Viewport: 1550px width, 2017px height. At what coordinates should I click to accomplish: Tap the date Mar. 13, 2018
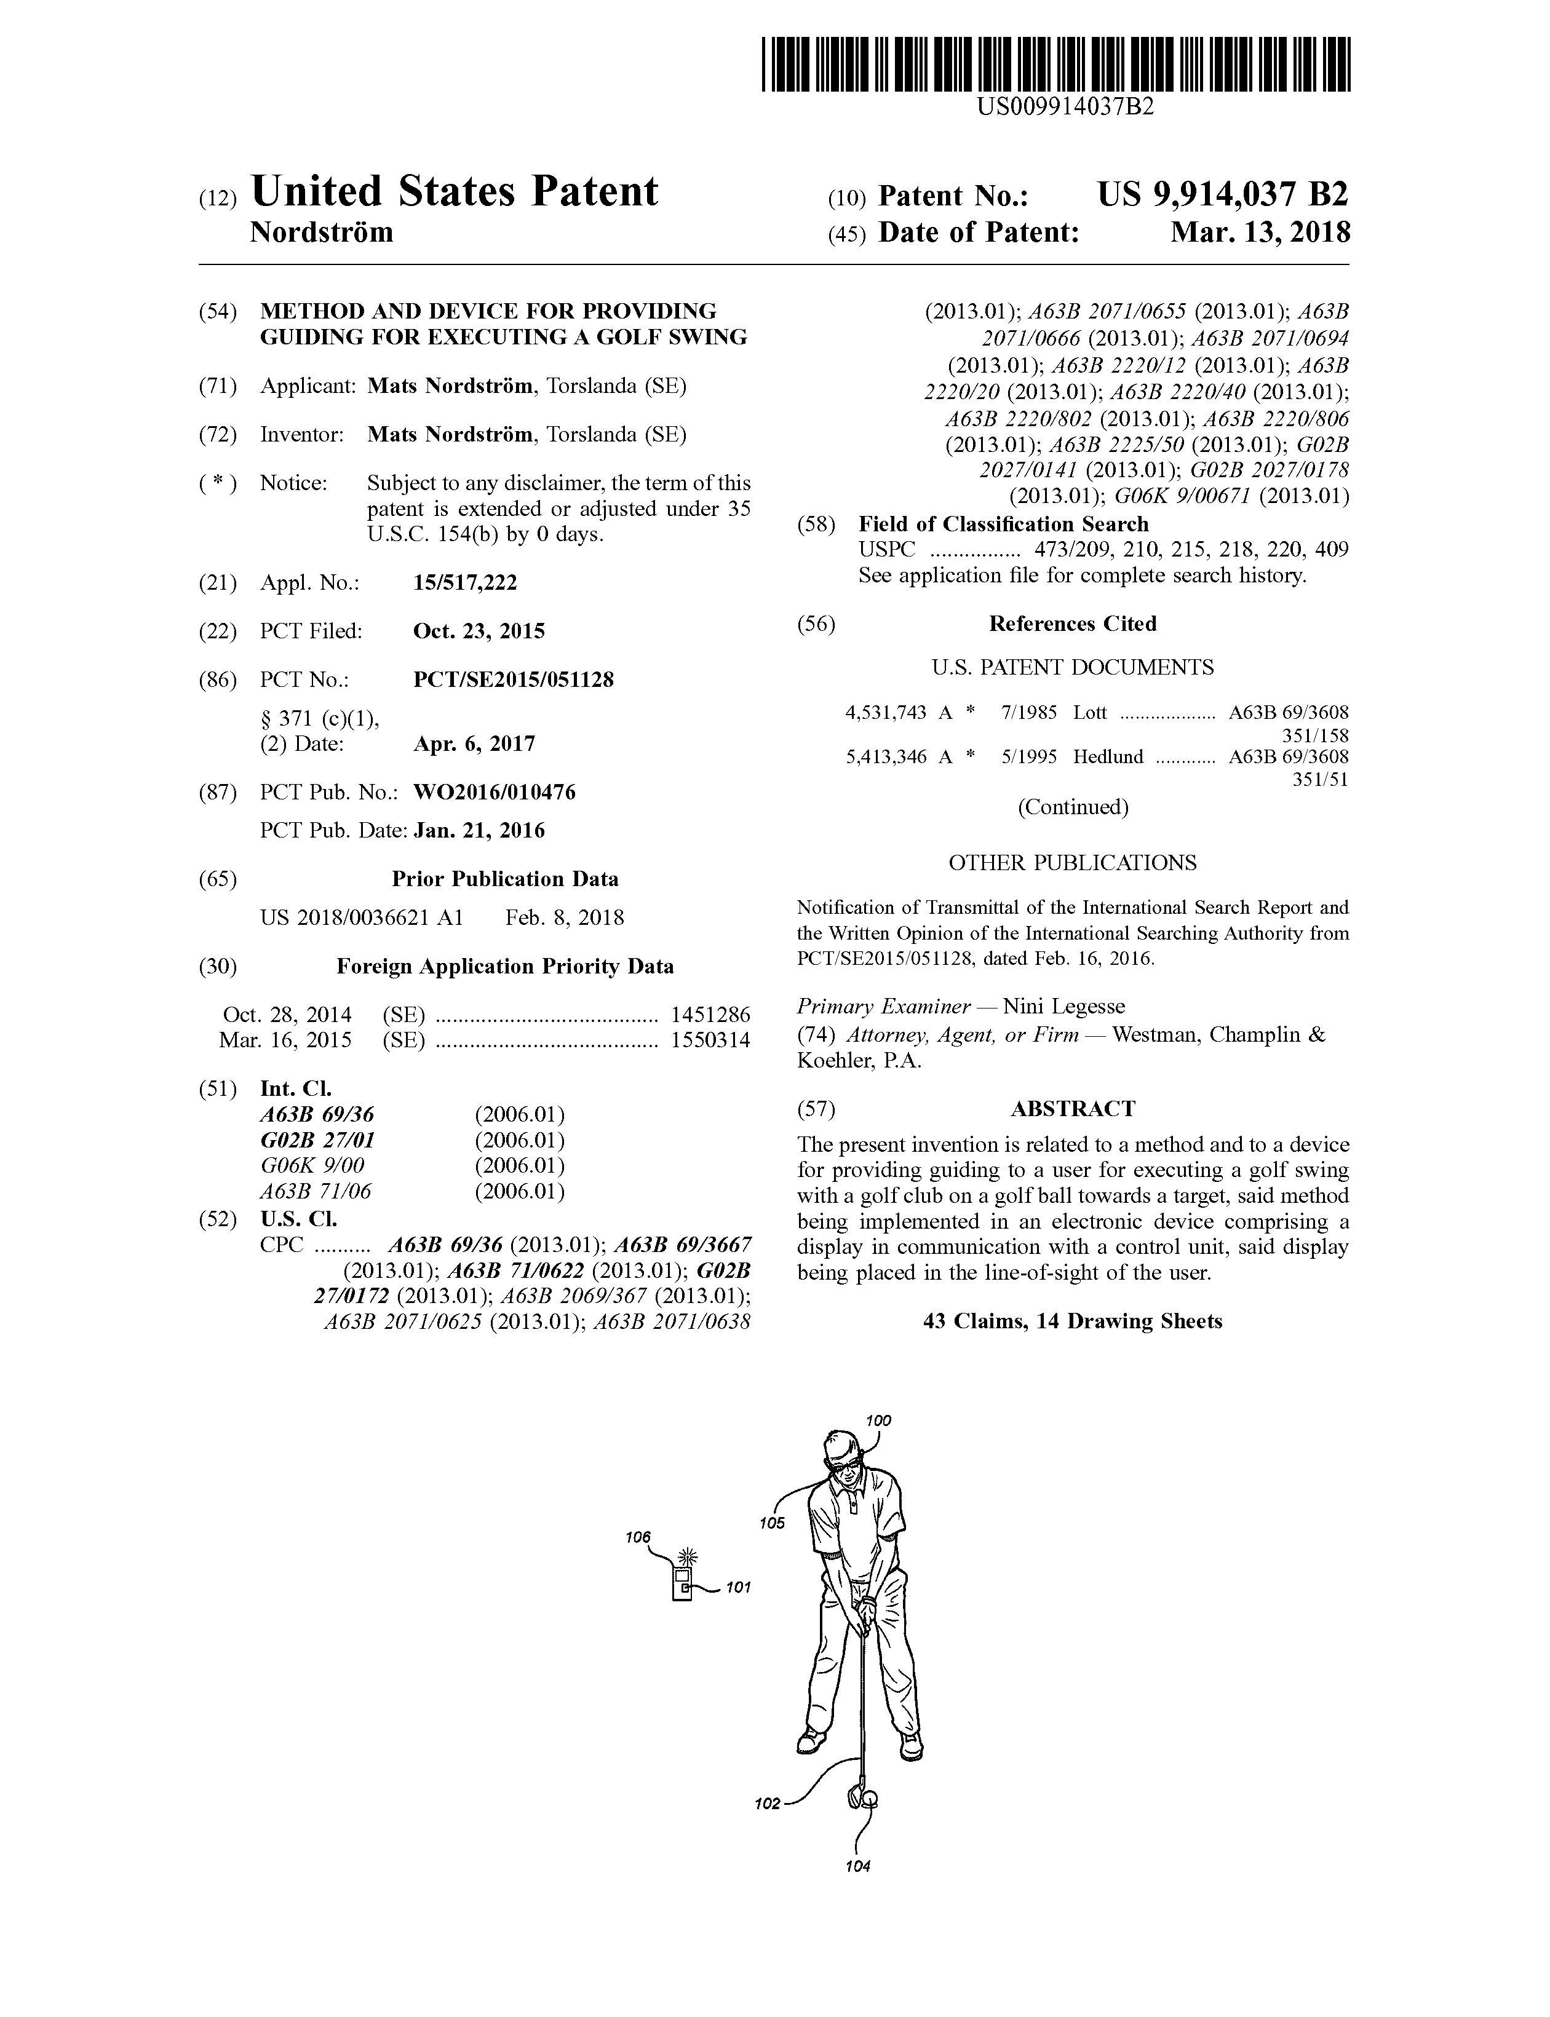point(1260,232)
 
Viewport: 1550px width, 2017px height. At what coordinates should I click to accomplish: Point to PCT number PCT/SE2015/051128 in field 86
point(513,680)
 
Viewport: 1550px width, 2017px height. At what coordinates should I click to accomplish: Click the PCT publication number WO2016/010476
point(495,792)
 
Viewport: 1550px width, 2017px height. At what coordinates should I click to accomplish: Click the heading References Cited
point(1072,624)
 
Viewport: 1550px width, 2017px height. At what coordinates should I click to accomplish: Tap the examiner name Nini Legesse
point(1064,1006)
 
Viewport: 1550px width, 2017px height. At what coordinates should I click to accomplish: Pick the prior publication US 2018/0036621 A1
point(362,917)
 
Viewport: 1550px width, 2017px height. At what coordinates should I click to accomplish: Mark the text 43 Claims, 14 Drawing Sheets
point(1072,1321)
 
